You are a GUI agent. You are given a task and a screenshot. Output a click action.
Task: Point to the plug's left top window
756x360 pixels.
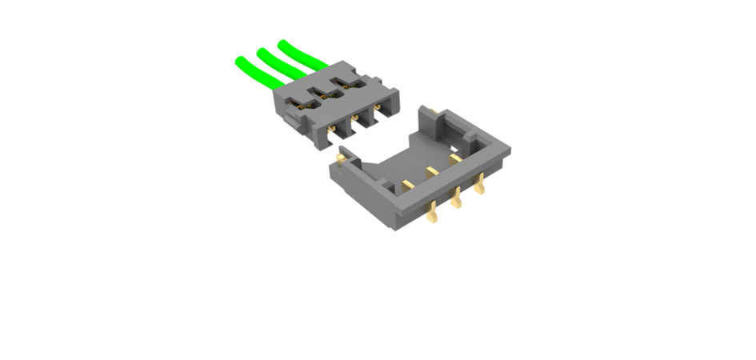pos(301,102)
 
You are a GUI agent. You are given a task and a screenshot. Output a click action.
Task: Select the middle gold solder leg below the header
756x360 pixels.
pos(457,198)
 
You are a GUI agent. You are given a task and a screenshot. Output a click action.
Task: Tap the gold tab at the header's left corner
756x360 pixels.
pos(342,160)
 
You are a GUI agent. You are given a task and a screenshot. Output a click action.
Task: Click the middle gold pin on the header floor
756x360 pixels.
pos(433,170)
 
